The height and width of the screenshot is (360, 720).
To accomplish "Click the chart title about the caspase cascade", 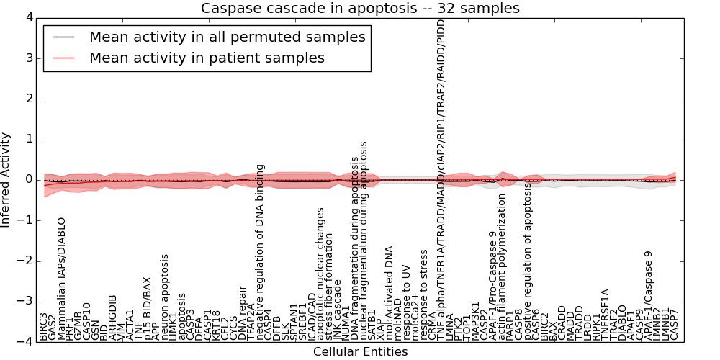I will point(360,8).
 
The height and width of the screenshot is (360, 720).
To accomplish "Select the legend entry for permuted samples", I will point(227,37).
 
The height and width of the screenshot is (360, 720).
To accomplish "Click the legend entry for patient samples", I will point(207,58).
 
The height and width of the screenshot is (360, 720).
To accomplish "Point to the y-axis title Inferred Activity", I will point(6,179).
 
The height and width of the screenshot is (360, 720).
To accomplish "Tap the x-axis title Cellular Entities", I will point(360,352).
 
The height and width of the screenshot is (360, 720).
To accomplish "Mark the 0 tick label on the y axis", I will point(27,179).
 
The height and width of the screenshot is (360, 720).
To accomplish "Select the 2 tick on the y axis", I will point(27,98).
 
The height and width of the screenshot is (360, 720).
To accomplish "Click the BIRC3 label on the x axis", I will point(43,326).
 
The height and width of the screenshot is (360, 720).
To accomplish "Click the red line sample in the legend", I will point(63,58).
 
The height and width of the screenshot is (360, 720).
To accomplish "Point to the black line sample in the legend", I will point(63,37).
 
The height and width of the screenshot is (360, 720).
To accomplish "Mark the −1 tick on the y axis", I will point(25,220).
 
